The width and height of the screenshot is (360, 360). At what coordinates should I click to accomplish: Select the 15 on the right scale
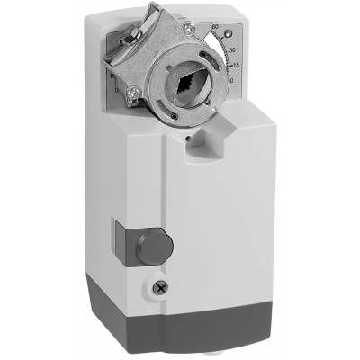[x=234, y=65]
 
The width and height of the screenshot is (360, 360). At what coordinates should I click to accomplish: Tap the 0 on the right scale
[x=232, y=81]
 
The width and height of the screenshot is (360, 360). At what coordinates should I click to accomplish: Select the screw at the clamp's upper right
[x=189, y=28]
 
